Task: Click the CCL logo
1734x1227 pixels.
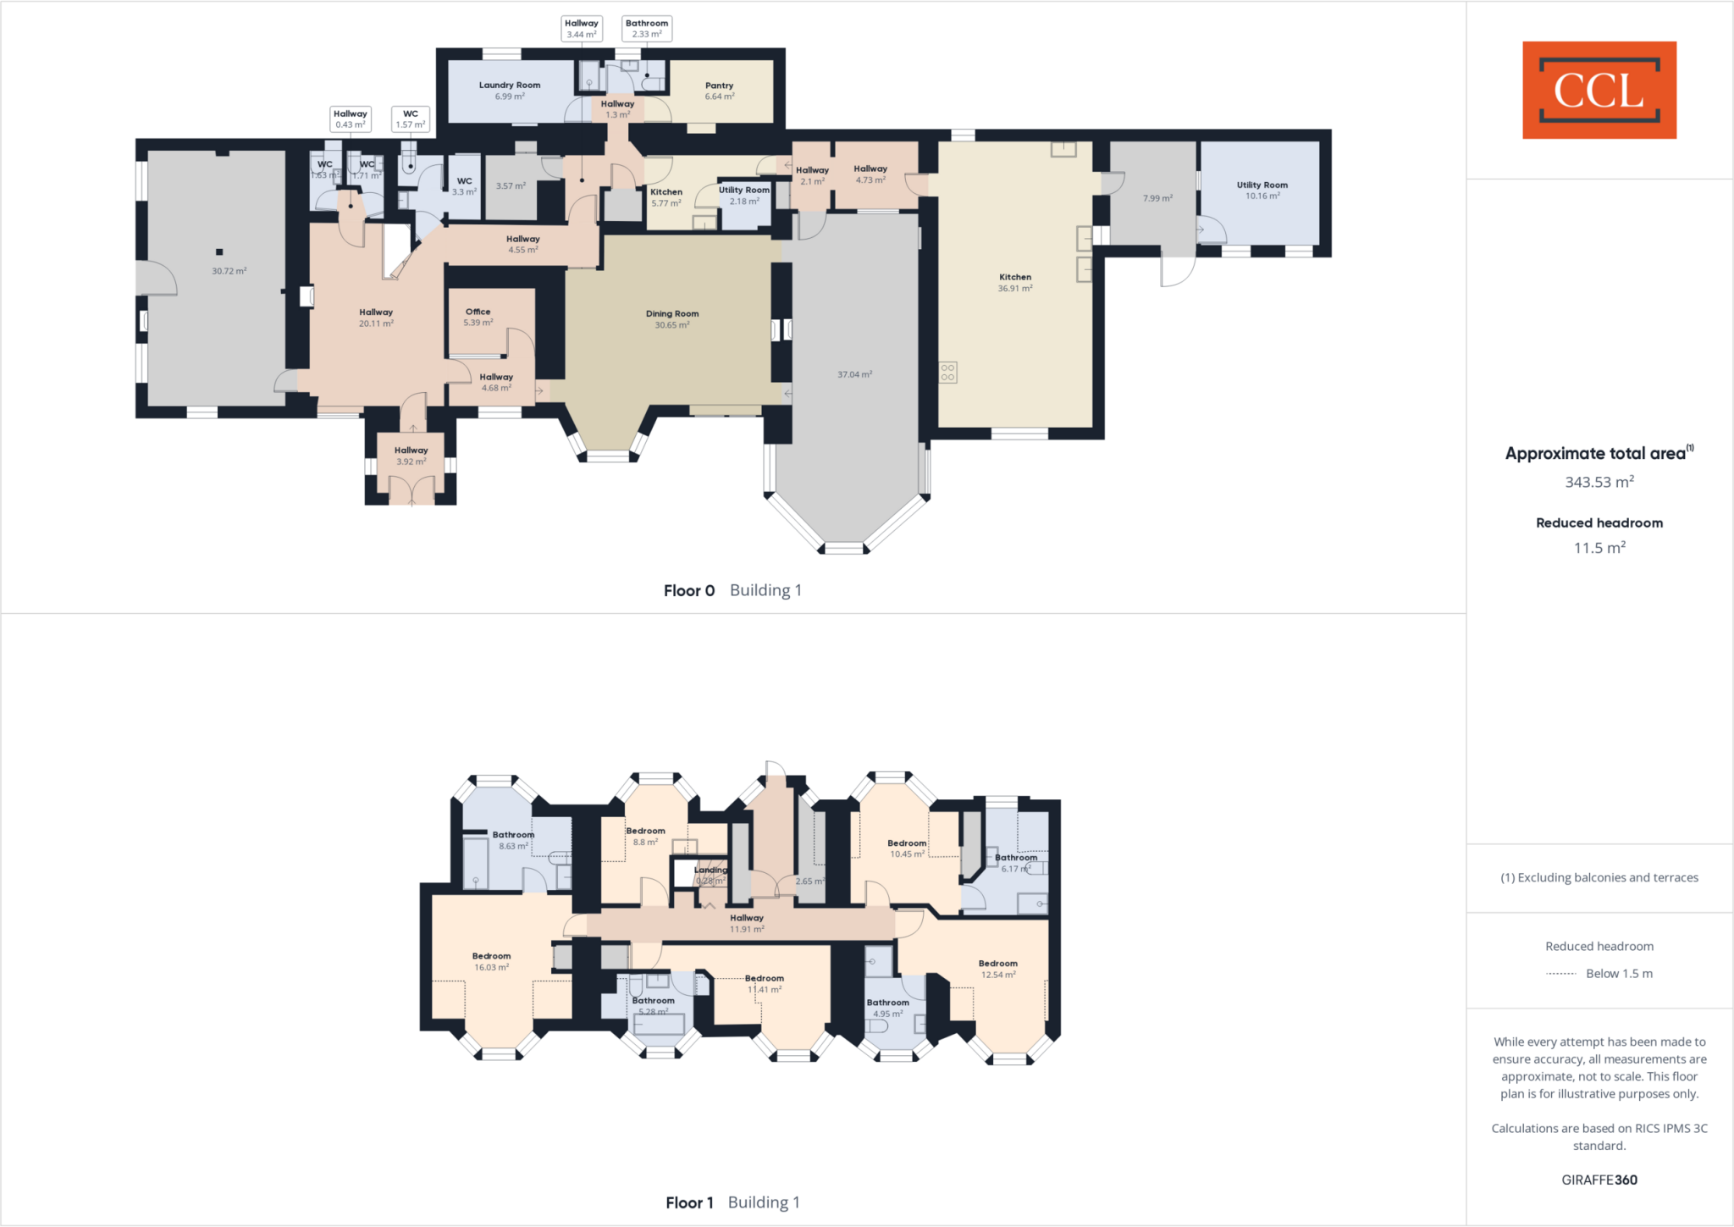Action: (1599, 90)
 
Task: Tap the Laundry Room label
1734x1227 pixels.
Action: (509, 90)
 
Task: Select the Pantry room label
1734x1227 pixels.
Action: (719, 91)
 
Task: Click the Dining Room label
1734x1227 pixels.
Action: (672, 318)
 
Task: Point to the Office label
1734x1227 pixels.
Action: (478, 317)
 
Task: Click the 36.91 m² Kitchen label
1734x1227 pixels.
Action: (1014, 282)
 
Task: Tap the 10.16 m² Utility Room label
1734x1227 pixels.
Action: (1262, 190)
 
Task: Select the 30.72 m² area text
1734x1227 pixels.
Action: (229, 271)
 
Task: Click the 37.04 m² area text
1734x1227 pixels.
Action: (854, 374)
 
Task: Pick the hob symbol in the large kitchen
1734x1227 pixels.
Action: (947, 372)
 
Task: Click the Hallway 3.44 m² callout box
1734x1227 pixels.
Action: (582, 29)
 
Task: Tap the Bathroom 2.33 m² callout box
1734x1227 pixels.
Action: (647, 29)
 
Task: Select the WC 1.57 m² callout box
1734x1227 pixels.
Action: (411, 119)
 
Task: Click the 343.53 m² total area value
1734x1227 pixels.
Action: (1599, 482)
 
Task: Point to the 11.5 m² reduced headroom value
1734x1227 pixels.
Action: (1599, 548)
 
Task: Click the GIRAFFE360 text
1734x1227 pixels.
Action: (1599, 1180)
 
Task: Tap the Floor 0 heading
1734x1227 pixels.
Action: (689, 590)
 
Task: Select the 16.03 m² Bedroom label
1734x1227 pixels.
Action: (491, 961)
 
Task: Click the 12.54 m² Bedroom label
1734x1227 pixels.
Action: (997, 969)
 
